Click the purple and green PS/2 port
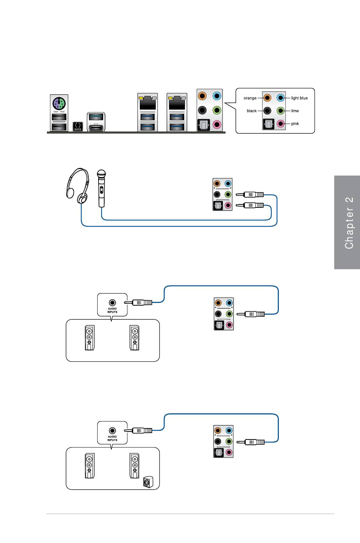[x=59, y=102]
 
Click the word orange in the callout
[x=250, y=98]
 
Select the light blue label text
[x=299, y=98]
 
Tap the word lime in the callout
[x=295, y=111]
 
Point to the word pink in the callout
[x=295, y=124]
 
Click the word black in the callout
[x=252, y=111]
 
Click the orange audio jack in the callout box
[x=268, y=98]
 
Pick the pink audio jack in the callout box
[x=280, y=123]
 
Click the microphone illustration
[x=101, y=188]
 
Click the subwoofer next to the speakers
[x=147, y=482]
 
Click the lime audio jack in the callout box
[x=280, y=111]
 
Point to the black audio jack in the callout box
[x=268, y=111]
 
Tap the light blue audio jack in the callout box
[x=280, y=98]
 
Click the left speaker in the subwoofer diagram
[x=89, y=466]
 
